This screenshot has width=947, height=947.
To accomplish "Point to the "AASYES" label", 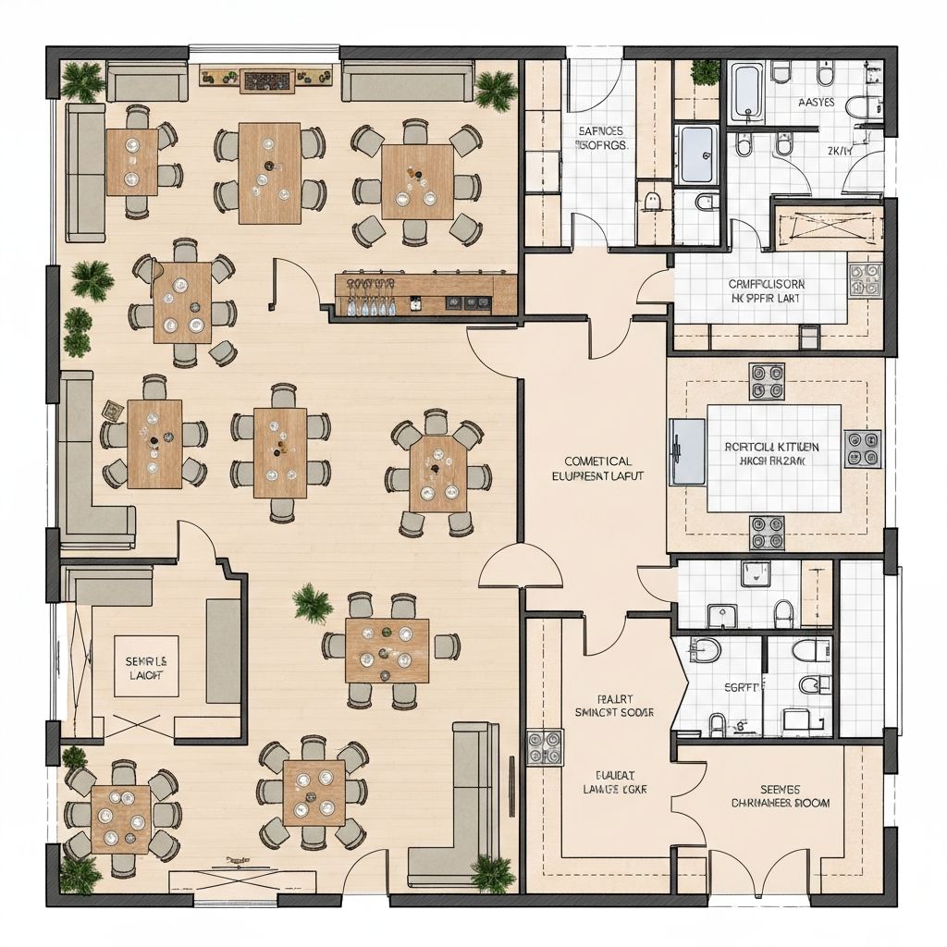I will [816, 102].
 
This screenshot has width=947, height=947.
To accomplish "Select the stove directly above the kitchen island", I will [766, 381].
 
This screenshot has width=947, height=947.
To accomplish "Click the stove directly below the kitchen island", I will [766, 533].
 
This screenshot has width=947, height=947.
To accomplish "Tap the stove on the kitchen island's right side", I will [862, 449].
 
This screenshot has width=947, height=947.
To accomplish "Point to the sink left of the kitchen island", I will [685, 449].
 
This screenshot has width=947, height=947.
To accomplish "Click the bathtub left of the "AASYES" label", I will [748, 92].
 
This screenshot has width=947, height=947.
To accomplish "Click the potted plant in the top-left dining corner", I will [82, 81].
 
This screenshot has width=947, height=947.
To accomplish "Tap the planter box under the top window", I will [267, 79].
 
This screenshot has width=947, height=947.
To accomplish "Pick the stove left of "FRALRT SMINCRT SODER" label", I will [545, 747].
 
